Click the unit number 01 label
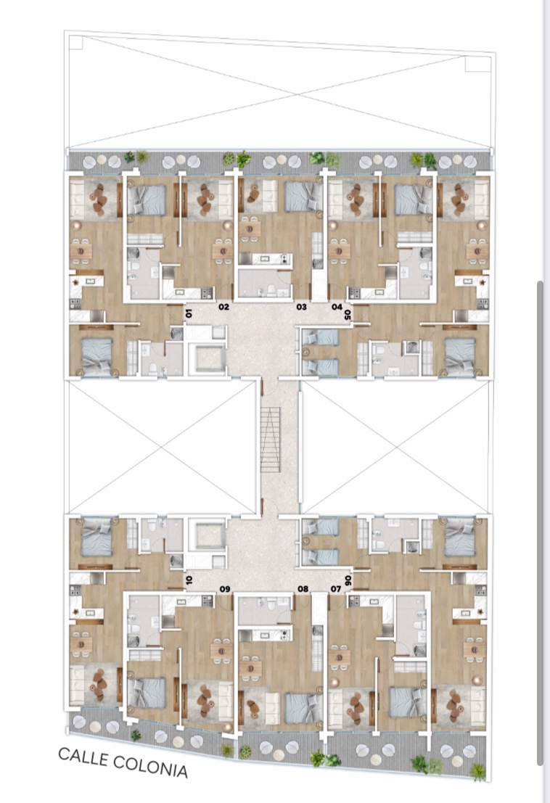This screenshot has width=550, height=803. coord(189,313)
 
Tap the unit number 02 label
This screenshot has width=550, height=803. coord(223,307)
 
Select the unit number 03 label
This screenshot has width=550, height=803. coord(301,307)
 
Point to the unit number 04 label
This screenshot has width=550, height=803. coord(337,307)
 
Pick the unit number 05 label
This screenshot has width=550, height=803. coord(348,314)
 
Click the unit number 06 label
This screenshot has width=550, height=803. coord(348,581)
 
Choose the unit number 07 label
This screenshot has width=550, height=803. coord(336,589)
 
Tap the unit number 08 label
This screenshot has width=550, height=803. coord(303,589)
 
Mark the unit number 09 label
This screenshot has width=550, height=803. coord(225,589)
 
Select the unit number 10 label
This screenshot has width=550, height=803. coord(189,580)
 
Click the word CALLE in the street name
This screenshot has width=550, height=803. coord(83,757)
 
